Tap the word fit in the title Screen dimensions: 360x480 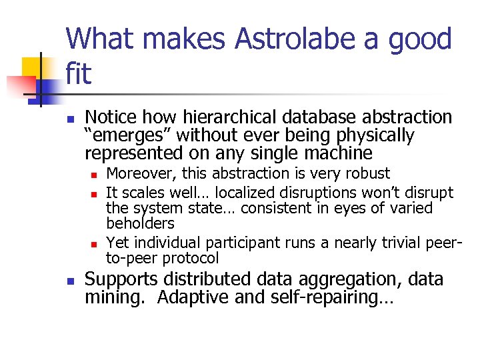[x=79, y=74]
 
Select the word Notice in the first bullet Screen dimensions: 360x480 [x=110, y=118]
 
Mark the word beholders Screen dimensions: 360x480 [x=140, y=224]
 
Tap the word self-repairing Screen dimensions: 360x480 [x=331, y=297]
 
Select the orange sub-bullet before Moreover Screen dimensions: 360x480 [x=95, y=175]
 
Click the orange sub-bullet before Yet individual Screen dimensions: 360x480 [x=95, y=243]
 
